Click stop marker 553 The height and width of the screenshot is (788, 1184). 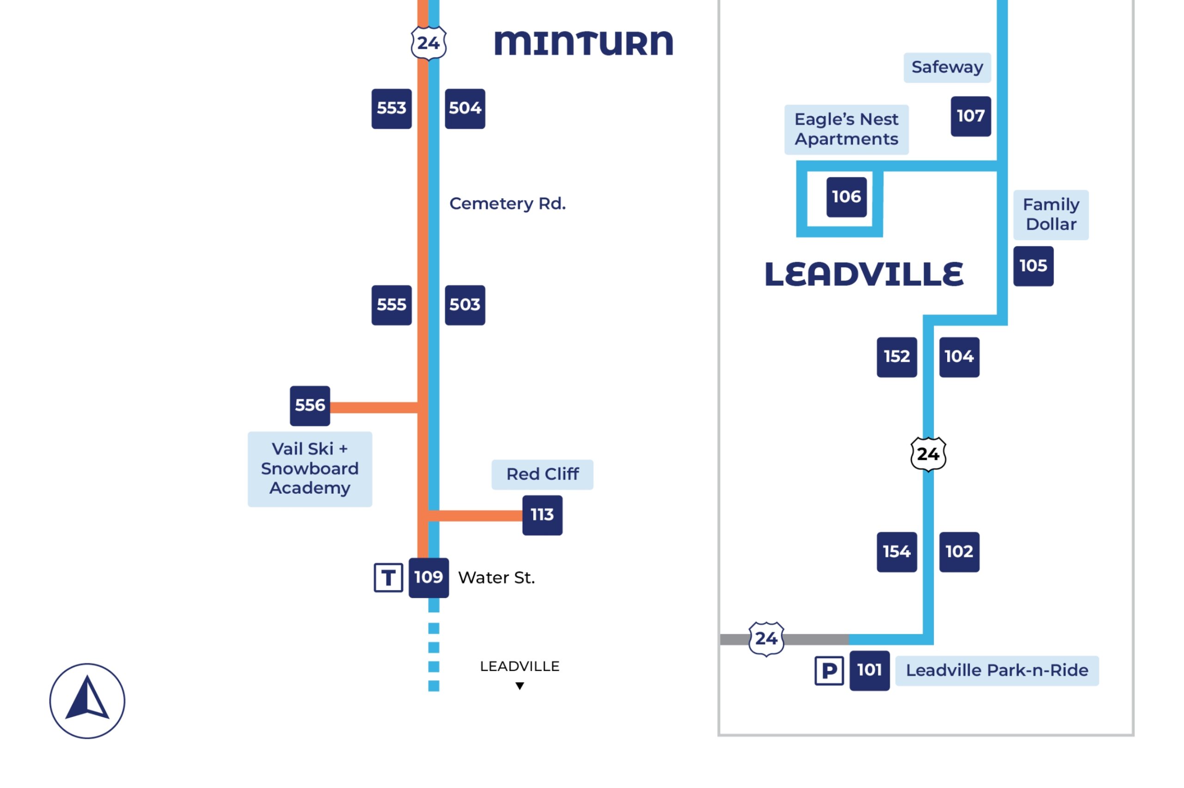point(391,109)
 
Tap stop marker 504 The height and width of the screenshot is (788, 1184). point(464,109)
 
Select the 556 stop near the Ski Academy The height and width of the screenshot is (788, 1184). point(310,406)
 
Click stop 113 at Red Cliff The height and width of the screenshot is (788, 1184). point(542,515)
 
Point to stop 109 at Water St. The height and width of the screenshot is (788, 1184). point(428,577)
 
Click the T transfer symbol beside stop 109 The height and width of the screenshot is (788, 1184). point(388,577)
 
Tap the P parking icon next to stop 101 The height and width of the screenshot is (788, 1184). point(828,671)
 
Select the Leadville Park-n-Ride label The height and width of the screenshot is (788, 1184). point(997,671)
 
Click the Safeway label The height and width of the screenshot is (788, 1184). point(947,67)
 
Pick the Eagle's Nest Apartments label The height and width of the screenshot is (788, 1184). point(846,129)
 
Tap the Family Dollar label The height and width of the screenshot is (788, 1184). point(1050,214)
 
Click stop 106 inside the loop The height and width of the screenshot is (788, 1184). point(846,197)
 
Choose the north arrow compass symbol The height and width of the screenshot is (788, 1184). point(87,701)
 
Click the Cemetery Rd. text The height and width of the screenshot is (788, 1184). point(507,203)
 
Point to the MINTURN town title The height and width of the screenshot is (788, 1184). point(583,43)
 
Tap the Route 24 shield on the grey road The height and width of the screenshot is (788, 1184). point(766,639)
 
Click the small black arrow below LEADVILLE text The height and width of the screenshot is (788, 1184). point(519,686)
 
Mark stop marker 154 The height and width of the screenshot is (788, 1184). point(896,552)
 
